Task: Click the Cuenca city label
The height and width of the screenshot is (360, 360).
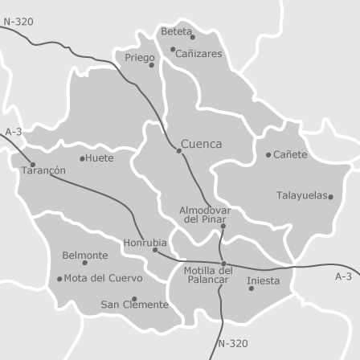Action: pos(201,145)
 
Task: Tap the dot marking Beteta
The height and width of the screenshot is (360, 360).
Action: pos(193,37)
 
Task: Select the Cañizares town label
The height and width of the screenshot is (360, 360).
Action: pos(198,54)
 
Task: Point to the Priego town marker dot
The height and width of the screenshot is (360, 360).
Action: pos(152,65)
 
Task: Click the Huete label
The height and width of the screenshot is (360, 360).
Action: pos(100,158)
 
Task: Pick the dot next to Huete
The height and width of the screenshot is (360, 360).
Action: pos(82,158)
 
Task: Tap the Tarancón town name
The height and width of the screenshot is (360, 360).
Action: pos(43,171)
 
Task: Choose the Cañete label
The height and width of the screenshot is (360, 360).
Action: pos(290,155)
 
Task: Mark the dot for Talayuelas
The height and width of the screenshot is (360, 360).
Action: pos(330,197)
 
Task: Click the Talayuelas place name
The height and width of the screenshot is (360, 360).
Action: pos(301,195)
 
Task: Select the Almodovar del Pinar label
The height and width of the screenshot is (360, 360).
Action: pos(205,215)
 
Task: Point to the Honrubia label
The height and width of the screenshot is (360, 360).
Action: pos(145,243)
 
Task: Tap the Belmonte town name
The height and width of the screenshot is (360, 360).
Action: pos(84,256)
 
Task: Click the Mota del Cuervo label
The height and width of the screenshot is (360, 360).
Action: pos(103,279)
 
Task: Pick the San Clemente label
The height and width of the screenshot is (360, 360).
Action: pos(134,305)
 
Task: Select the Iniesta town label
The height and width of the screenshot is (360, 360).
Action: pos(263,280)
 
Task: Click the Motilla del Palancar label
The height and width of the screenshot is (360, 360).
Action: pos(208,275)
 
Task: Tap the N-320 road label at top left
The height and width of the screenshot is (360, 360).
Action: pos(18,22)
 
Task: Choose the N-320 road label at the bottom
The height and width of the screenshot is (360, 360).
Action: pos(233,344)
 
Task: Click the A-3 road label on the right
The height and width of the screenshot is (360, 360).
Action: pos(343,276)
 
